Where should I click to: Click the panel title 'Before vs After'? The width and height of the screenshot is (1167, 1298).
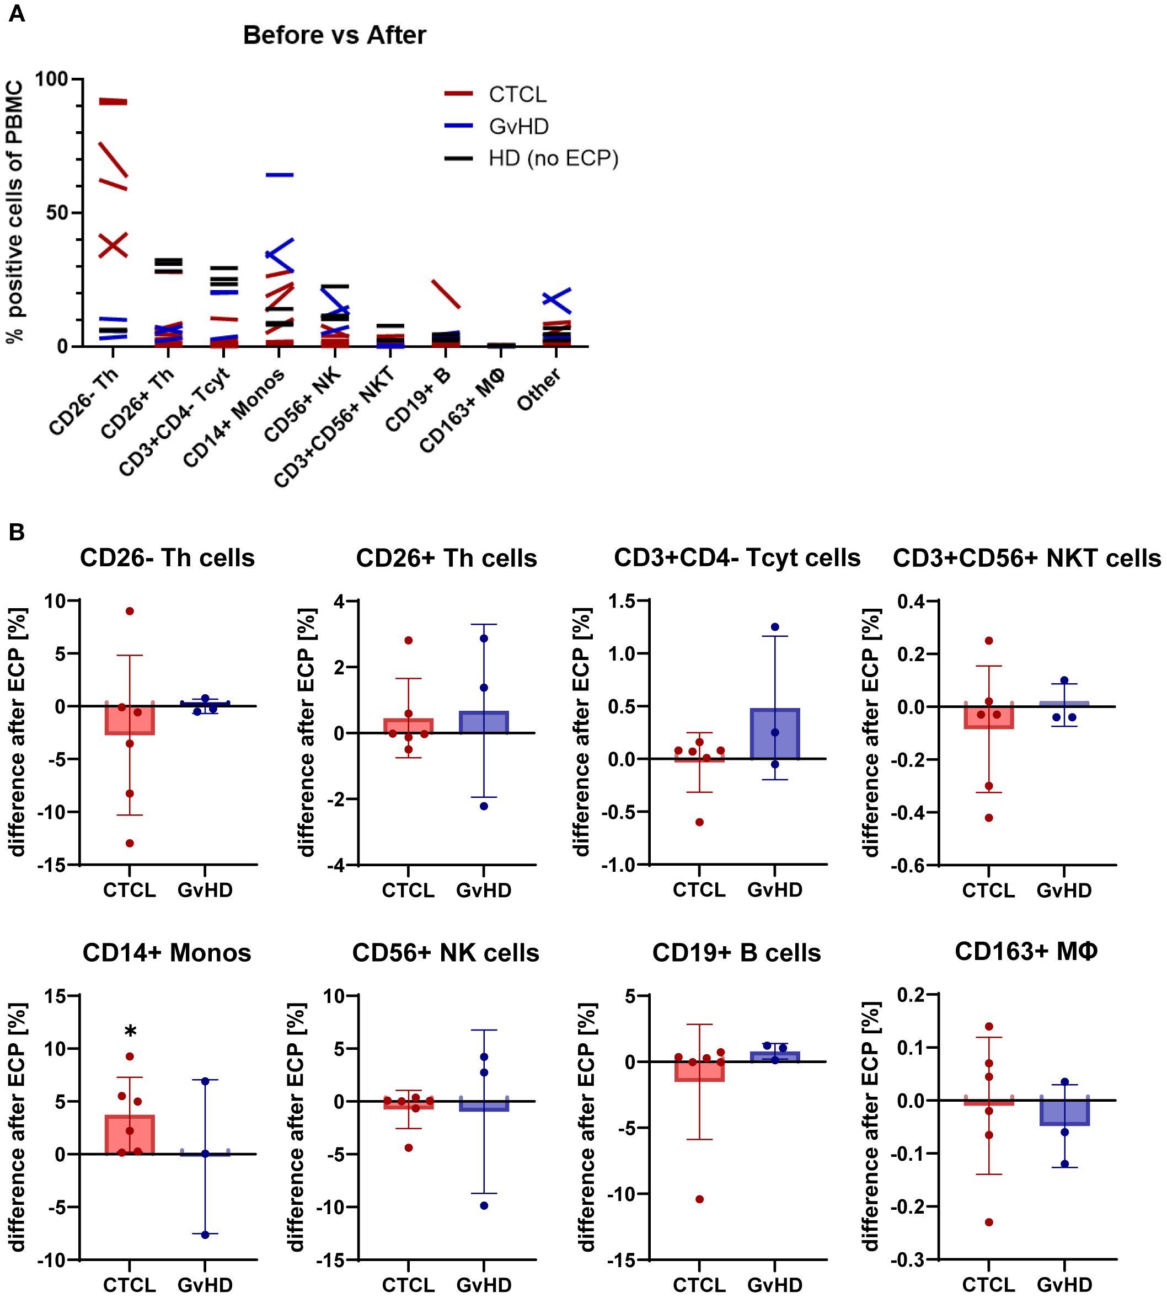(334, 35)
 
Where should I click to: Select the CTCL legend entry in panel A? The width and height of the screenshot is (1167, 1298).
(517, 94)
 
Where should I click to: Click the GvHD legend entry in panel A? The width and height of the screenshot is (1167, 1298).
(518, 126)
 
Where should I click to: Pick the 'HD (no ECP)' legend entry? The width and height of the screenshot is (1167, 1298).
(553, 158)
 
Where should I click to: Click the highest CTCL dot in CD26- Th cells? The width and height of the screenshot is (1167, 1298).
(130, 611)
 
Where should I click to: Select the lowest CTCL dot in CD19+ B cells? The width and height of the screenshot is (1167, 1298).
(699, 1199)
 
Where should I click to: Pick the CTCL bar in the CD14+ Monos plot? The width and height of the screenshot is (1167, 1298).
(130, 1135)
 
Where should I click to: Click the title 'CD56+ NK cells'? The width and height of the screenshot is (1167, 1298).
(446, 953)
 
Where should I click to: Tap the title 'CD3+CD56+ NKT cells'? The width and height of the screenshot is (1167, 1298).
(1026, 559)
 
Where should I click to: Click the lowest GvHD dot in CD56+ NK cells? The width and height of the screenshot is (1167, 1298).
(484, 1206)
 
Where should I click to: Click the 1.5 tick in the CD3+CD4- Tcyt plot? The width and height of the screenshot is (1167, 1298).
(622, 601)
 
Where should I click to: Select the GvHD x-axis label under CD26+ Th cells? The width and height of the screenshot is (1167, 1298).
(484, 891)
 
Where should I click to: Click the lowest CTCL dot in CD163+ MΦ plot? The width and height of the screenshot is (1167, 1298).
(989, 1222)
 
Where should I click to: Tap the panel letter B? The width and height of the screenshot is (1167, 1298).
(16, 532)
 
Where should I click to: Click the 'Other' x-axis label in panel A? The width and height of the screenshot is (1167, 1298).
(539, 389)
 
